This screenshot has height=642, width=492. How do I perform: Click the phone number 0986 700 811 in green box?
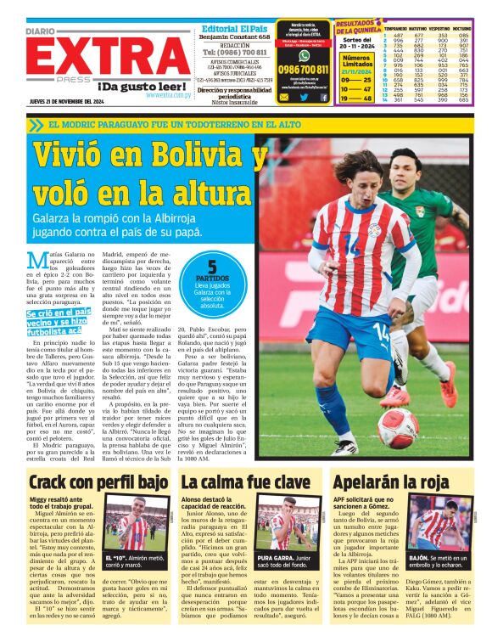(x=303, y=68)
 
